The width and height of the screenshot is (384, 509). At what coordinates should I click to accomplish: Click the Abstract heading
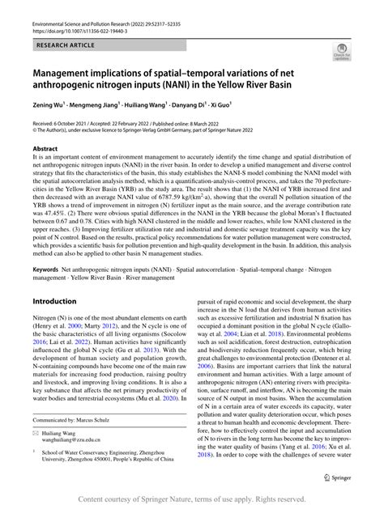pos(45,150)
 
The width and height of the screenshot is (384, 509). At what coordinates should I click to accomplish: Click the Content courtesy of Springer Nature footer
pos(191,498)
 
